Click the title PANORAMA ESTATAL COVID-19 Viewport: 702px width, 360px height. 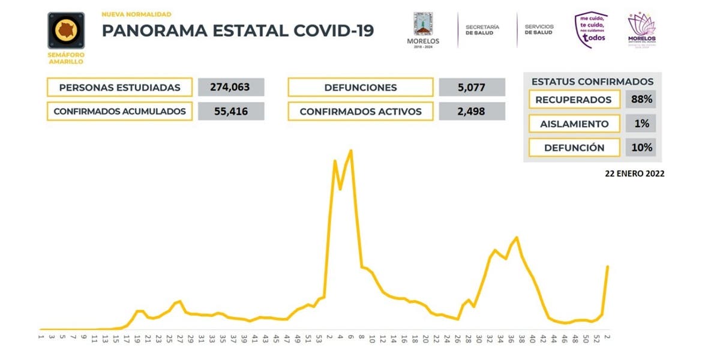tap(238, 30)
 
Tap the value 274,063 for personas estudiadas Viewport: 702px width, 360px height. tap(231, 87)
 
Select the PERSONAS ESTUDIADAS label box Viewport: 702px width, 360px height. tap(119, 87)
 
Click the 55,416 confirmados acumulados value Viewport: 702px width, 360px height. tap(231, 111)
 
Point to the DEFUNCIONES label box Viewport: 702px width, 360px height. tap(360, 87)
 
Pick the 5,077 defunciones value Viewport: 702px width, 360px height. tap(472, 87)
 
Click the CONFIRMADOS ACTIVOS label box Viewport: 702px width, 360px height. tap(360, 111)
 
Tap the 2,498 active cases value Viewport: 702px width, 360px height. tap(472, 111)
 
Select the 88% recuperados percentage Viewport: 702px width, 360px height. tap(640, 100)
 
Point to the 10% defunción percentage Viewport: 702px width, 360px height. tap(640, 148)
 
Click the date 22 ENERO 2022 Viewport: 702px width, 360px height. tap(635, 173)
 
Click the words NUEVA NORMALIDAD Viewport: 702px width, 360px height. tap(136, 14)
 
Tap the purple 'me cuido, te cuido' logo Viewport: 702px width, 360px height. tap(590, 30)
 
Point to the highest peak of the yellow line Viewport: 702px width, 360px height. tap(351, 151)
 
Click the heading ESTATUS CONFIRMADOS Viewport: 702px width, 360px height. tap(592, 82)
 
